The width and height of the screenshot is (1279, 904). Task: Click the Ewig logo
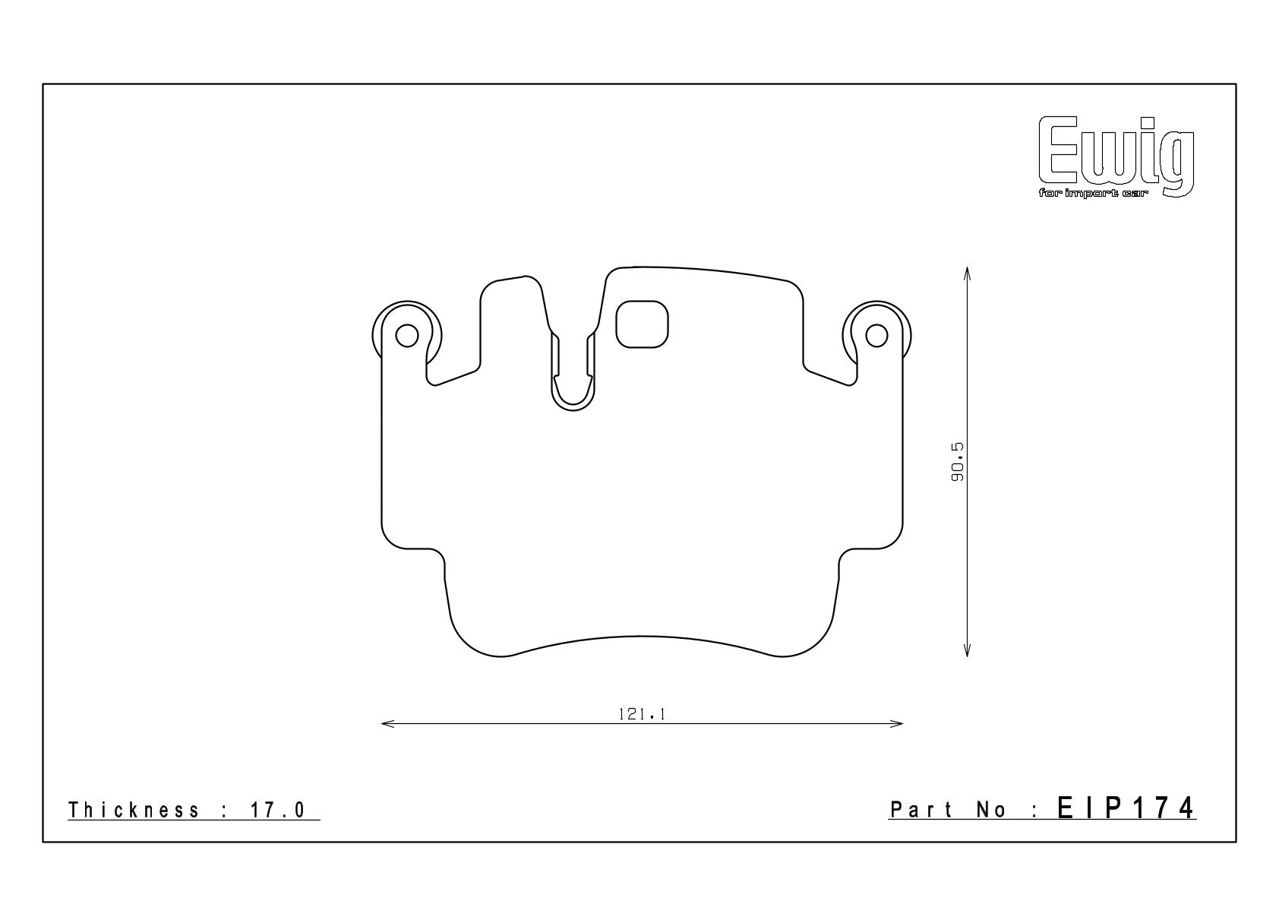tap(1116, 157)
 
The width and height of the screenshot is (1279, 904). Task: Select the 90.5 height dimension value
tap(957, 461)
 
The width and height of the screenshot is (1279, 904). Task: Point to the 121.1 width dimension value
tap(642, 714)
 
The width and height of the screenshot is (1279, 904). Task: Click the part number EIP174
tap(1126, 808)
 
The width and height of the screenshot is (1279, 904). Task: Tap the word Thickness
tap(134, 810)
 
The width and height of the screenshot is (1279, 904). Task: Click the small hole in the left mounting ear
tap(406, 336)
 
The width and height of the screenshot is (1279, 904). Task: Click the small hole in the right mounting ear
tap(876, 336)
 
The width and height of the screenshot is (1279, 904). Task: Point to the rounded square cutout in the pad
tap(642, 324)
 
